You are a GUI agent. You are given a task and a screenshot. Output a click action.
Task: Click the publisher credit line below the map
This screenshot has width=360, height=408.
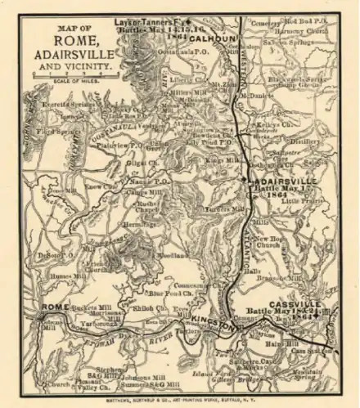tap(179, 400)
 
